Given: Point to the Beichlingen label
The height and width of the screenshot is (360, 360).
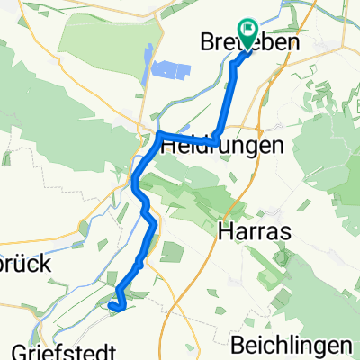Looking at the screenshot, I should coord(290,346).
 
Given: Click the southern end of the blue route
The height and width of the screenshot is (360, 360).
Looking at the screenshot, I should coord(111,306).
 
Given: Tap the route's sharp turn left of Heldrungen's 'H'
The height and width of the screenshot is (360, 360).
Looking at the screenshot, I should coord(159,135).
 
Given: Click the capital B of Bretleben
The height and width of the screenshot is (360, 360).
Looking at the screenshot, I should coord(204,44).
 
